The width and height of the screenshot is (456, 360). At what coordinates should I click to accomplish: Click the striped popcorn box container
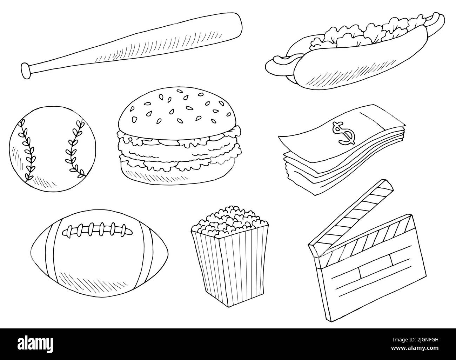(x=230, y=267)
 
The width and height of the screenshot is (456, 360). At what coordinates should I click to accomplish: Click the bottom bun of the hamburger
(x=177, y=174)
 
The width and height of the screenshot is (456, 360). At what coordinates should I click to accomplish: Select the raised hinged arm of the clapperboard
(x=351, y=214)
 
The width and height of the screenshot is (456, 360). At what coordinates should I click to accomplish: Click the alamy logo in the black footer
(x=35, y=344)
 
